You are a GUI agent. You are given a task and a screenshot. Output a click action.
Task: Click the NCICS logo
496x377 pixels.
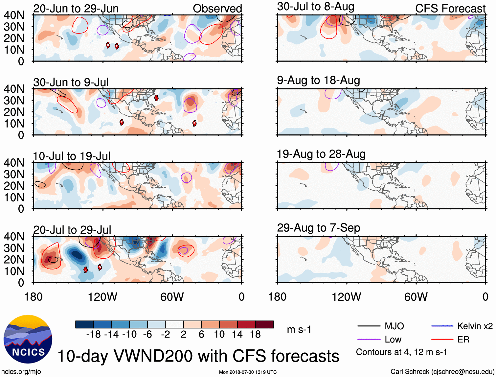pos(28,339)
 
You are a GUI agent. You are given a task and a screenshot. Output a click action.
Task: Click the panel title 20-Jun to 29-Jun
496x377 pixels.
pos(76,9)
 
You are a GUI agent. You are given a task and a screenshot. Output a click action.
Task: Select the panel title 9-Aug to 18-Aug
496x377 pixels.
pos(318,80)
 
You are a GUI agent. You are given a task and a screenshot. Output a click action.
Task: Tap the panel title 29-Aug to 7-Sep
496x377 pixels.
pos(318,227)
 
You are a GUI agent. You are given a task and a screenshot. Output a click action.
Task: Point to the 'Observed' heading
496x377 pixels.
pos(217,9)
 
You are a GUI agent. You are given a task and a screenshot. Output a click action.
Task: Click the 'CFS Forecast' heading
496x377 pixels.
pos(450,9)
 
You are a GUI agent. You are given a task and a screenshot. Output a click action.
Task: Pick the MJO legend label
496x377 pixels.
pos(394,326)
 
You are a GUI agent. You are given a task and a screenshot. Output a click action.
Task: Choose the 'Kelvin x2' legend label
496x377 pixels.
pos(475,326)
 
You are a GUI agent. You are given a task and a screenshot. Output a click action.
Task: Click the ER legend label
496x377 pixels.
pos(463,339)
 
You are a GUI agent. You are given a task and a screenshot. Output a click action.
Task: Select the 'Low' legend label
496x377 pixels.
pos(393,339)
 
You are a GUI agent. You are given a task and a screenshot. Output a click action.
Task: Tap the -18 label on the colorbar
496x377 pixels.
pos(93,334)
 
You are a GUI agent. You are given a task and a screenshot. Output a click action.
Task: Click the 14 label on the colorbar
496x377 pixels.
pos(237,334)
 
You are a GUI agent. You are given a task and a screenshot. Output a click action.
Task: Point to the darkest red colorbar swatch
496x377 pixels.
pos(264,324)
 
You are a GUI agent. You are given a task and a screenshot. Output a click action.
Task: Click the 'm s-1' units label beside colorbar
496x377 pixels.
pos(299,329)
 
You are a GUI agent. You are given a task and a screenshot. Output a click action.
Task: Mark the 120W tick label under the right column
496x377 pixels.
pos(346,297)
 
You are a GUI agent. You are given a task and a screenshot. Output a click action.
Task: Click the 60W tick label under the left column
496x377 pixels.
pos(172,297)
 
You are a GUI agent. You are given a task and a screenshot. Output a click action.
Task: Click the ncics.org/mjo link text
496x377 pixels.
pos(21,372)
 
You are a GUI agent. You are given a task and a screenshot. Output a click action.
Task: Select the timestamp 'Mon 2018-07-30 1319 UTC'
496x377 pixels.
pos(248,372)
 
